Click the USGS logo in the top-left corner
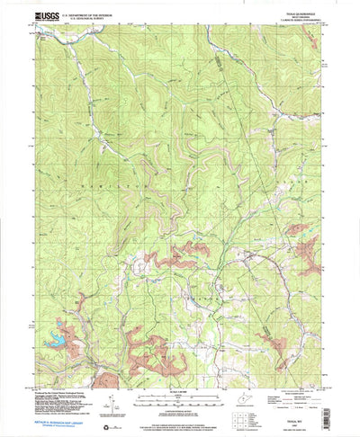click(x=44, y=16)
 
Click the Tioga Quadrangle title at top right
click(x=293, y=13)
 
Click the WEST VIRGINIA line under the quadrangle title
click(x=293, y=16)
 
